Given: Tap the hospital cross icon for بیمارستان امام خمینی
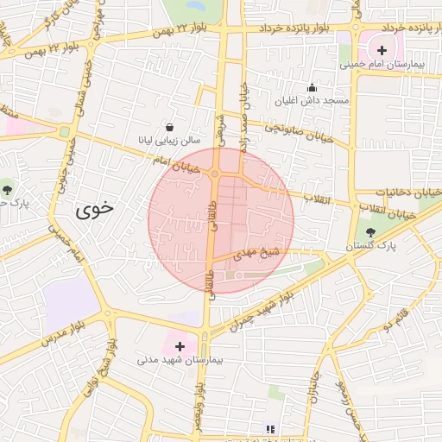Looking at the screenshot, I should click(382, 50).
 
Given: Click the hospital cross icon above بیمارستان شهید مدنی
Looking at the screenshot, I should click(180, 345).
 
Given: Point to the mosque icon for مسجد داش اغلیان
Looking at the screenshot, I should click(312, 87).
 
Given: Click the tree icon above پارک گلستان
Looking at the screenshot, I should click(370, 231).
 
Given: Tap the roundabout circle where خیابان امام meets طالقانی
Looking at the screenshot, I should click(214, 174).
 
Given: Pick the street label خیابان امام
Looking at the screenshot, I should click(176, 161).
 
